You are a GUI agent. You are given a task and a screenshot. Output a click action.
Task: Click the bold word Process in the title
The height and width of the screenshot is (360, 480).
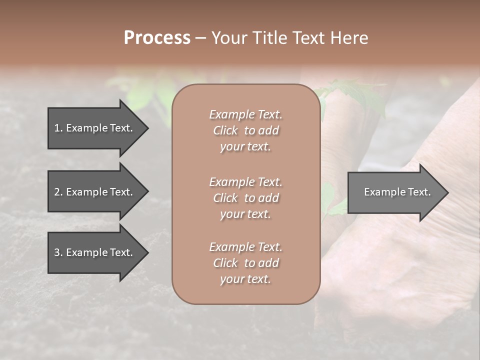[157, 38]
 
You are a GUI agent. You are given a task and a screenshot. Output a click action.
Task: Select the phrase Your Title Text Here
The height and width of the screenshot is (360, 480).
[289, 38]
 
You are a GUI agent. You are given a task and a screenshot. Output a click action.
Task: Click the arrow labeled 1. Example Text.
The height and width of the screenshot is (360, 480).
[95, 128]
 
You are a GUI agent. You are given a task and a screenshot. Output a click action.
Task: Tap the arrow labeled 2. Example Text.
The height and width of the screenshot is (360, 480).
[95, 192]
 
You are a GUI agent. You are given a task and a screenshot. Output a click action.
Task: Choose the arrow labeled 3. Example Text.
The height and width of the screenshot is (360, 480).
[95, 252]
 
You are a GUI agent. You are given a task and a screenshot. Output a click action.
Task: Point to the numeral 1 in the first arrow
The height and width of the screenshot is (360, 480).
[56, 128]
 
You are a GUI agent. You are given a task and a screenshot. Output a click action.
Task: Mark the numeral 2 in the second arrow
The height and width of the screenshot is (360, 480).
[56, 192]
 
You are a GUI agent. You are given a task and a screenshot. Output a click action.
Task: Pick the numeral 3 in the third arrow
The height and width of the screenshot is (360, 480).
[56, 252]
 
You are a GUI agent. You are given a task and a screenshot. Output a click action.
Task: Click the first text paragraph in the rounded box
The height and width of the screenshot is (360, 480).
[245, 130]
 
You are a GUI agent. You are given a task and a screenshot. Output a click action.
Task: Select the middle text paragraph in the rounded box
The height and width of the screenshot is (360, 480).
[245, 198]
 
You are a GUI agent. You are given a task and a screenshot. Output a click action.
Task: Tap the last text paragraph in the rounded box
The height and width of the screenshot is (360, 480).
[245, 263]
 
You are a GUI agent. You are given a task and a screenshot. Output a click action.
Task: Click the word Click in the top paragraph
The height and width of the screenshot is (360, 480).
[225, 130]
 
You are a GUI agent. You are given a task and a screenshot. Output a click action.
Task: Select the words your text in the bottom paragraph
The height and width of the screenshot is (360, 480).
[245, 279]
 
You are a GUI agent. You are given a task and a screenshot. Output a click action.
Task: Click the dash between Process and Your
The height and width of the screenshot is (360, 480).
[200, 38]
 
